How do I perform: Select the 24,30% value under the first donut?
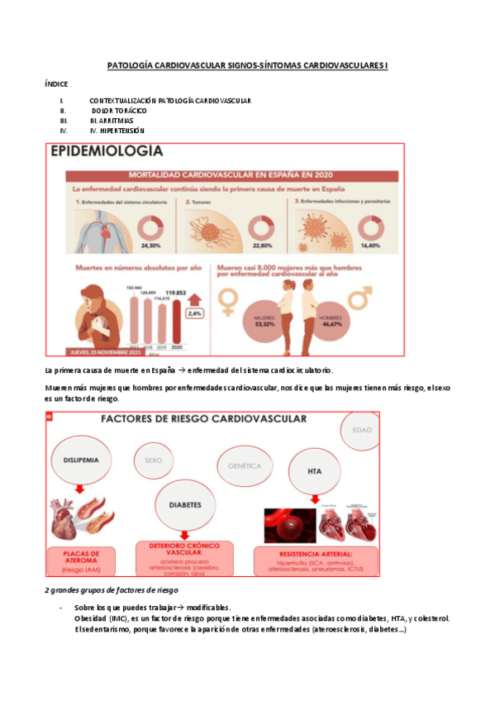coord(150,246)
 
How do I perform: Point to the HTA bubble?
coord(314,472)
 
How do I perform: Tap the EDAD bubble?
coord(361,431)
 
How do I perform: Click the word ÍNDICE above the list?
coord(56,83)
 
